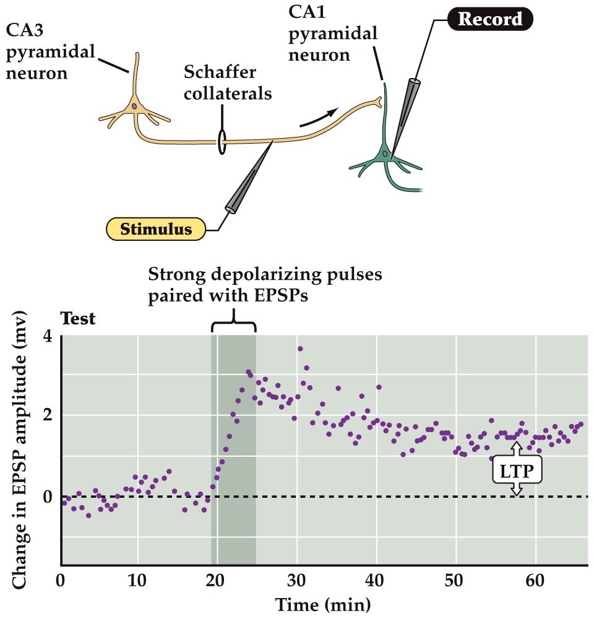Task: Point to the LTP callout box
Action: [517, 471]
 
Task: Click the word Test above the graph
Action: [78, 319]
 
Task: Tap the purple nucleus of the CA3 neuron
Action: [135, 106]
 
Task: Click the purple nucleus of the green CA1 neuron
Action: [385, 154]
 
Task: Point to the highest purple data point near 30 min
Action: [300, 349]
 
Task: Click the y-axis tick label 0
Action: [48, 497]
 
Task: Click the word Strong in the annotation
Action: [177, 274]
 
